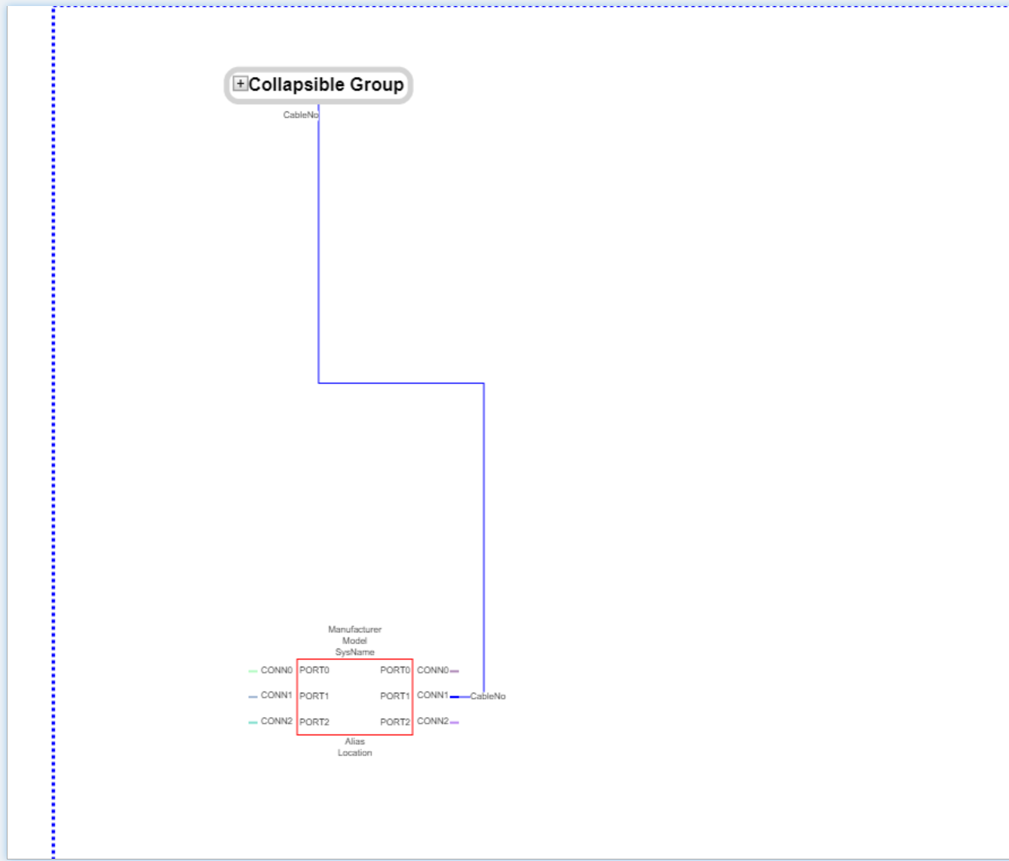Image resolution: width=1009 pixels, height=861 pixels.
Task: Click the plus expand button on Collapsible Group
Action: point(240,84)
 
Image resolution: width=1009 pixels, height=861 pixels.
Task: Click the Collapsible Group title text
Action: point(326,84)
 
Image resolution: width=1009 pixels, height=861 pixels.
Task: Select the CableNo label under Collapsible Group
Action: point(301,115)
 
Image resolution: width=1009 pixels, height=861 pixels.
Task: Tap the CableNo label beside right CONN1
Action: point(488,696)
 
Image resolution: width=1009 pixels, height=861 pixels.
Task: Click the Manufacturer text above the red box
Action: point(354,629)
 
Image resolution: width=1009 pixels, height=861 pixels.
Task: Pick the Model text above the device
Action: point(354,640)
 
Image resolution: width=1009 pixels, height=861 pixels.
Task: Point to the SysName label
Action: point(354,651)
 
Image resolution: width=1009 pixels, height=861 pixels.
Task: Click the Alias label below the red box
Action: point(354,741)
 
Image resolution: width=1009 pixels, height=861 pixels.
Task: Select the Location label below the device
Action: point(354,752)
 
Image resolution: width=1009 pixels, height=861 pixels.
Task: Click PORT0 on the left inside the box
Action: point(314,669)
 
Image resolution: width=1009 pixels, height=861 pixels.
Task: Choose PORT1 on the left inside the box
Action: point(314,696)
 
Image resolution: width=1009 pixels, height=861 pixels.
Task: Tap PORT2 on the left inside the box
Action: point(314,722)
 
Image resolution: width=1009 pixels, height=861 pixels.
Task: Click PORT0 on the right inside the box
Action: point(395,669)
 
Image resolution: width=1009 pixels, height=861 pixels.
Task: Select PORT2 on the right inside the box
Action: point(395,722)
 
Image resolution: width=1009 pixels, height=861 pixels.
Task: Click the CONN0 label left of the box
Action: point(276,669)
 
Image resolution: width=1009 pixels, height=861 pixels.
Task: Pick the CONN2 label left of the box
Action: point(276,721)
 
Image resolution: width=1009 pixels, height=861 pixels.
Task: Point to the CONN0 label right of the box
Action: point(433,669)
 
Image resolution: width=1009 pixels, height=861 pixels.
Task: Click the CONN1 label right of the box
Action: point(433,694)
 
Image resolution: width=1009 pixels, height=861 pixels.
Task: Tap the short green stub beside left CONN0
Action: point(253,671)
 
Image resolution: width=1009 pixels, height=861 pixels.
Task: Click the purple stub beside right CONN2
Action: point(455,722)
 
